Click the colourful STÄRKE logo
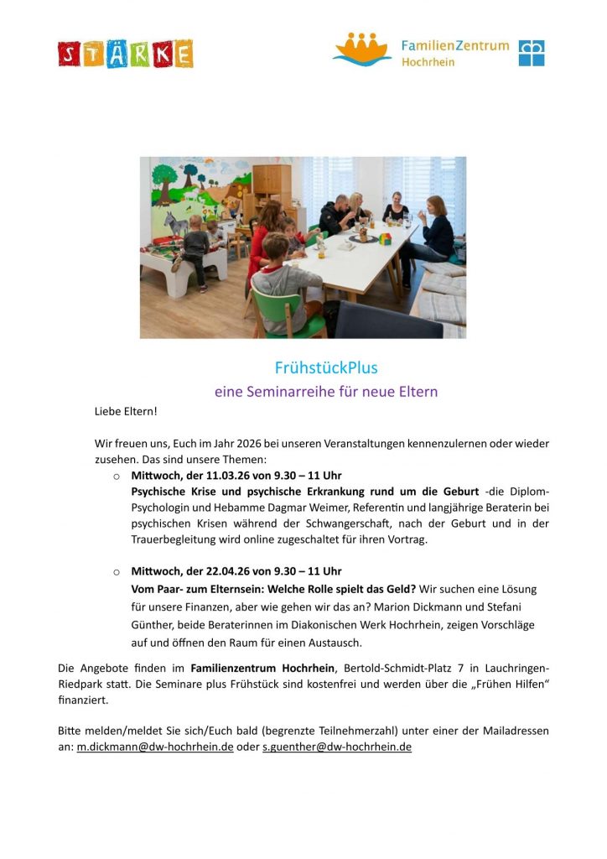click(126, 54)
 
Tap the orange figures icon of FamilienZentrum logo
click(362, 49)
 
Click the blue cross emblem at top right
click(531, 53)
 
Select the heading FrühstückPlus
click(326, 367)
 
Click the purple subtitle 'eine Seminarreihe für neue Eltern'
click(326, 391)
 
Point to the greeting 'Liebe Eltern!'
click(126, 412)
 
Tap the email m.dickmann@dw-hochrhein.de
click(155, 747)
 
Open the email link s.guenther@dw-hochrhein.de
click(337, 747)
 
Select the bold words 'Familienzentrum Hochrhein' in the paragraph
click(263, 668)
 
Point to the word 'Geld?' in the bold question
click(398, 589)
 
